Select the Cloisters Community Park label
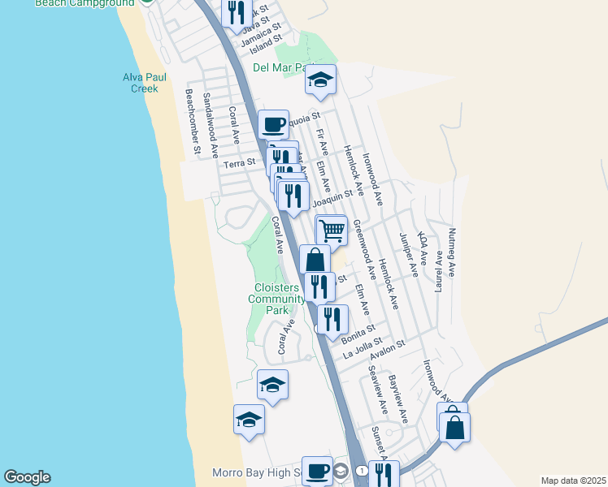pos(276,299)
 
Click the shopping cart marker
pos(332,230)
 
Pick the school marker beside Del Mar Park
pos(320,80)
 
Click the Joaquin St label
pos(332,196)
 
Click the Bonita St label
pos(358,334)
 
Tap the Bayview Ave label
pos(398,398)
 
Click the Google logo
pos(27,477)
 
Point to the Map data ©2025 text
pos(572,481)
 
